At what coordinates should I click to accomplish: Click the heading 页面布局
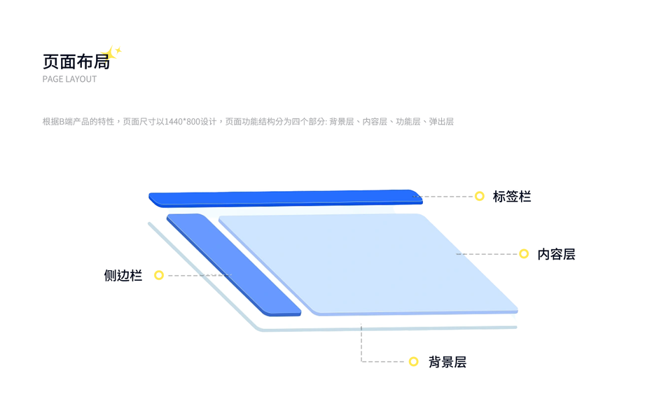pyautogui.click(x=76, y=62)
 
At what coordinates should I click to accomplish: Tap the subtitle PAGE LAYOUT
pyautogui.click(x=69, y=79)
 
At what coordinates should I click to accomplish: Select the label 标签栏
pyautogui.click(x=512, y=197)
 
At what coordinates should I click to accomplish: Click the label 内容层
pyautogui.click(x=556, y=254)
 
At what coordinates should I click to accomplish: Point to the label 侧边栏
pyautogui.click(x=123, y=276)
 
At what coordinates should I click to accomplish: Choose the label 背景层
pyautogui.click(x=447, y=362)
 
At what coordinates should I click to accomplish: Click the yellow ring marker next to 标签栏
pyautogui.click(x=479, y=196)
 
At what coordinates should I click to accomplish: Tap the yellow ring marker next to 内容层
pyautogui.click(x=524, y=253)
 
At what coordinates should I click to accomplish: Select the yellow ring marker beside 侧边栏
pyautogui.click(x=159, y=275)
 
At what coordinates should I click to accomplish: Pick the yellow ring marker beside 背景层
pyautogui.click(x=413, y=361)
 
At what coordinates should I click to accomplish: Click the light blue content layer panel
pyautogui.click(x=378, y=262)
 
